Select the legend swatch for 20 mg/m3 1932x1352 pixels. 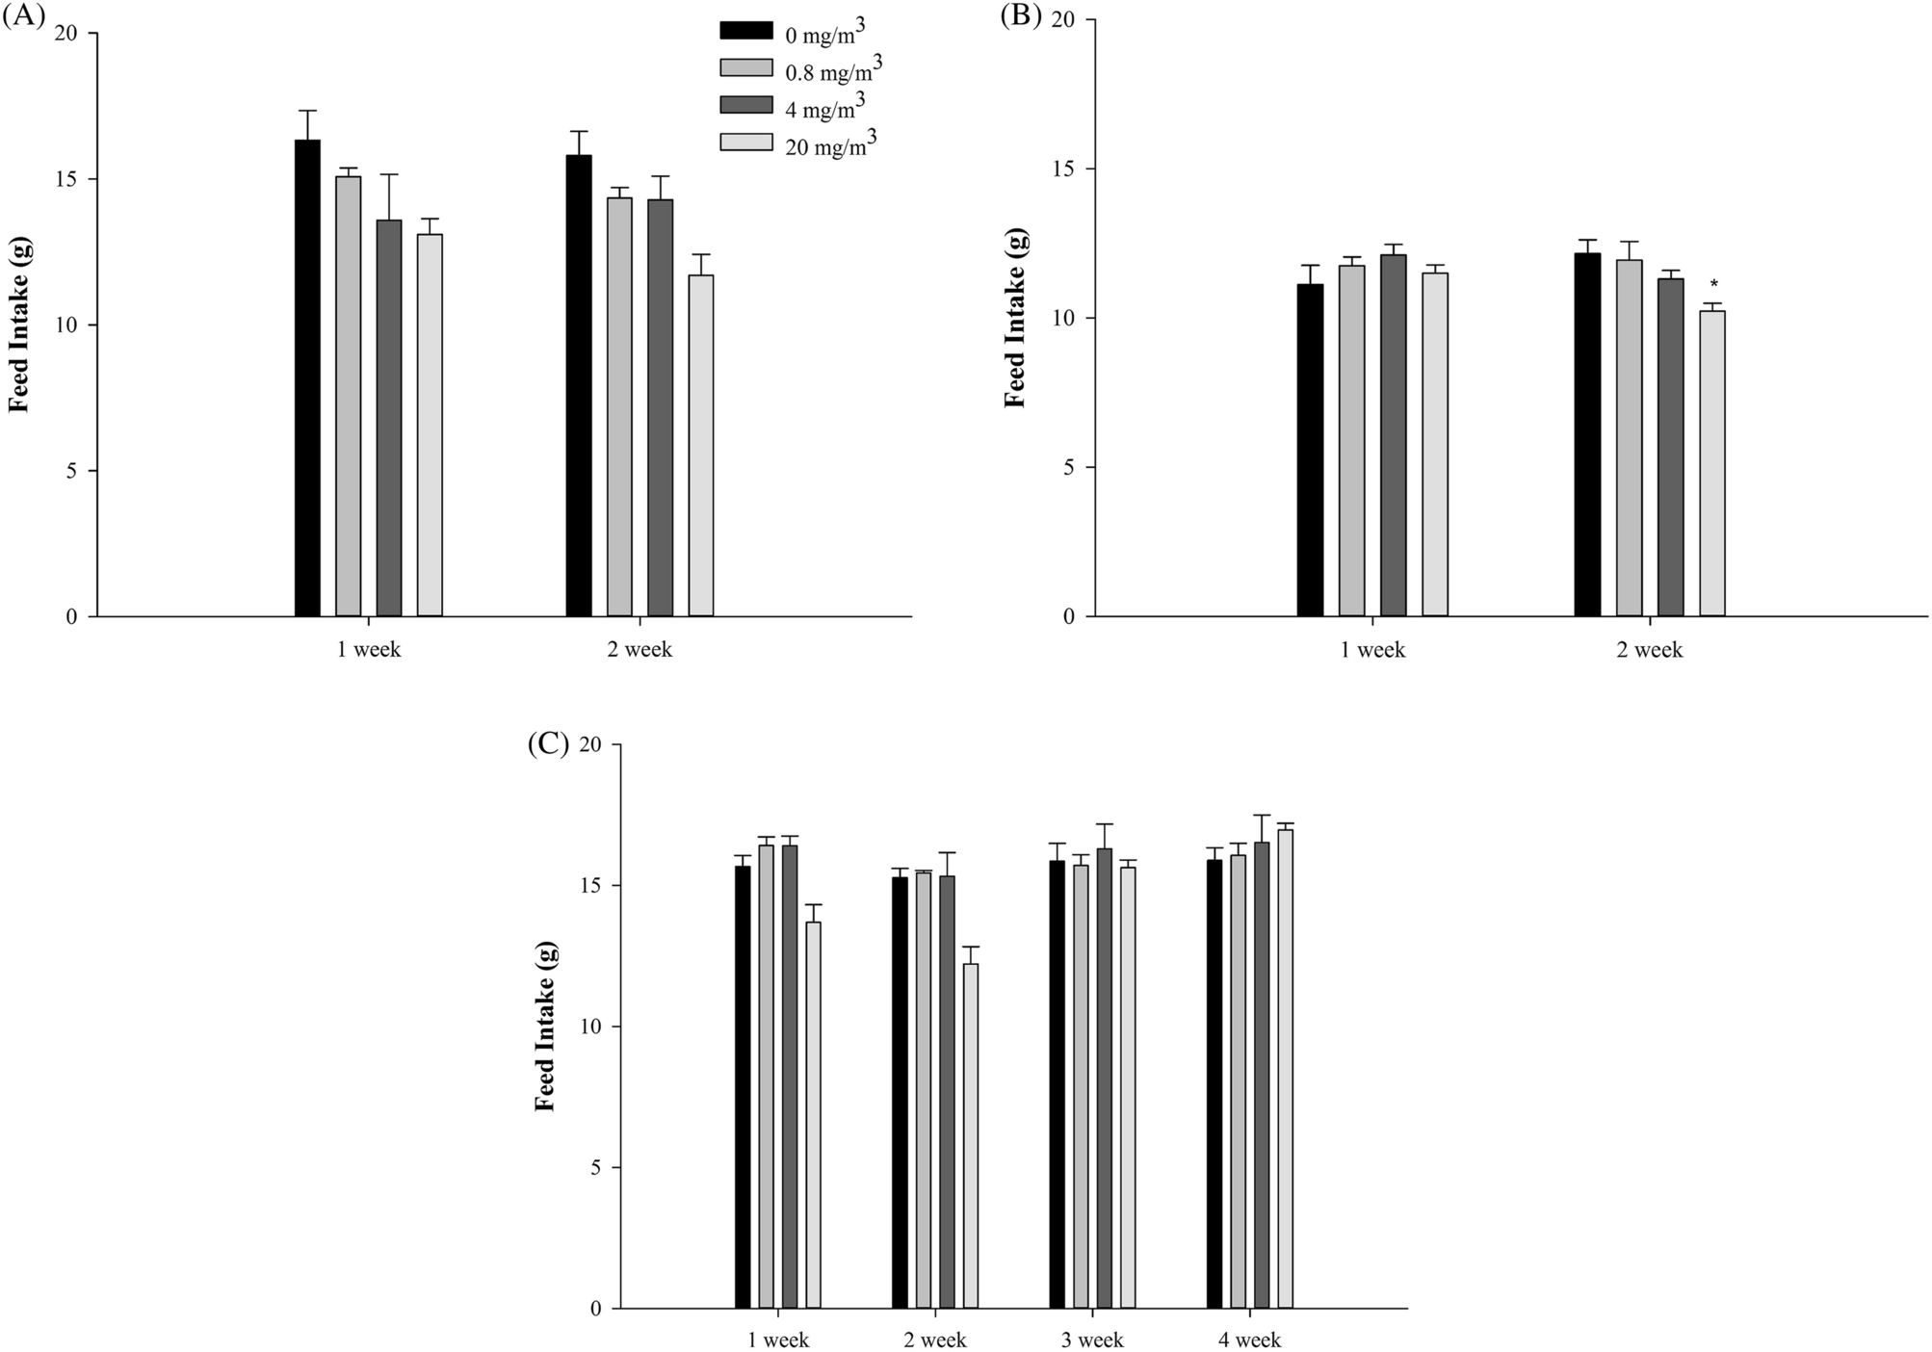[x=745, y=142]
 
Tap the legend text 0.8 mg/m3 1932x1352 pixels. [x=834, y=68]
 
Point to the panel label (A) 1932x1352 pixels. [x=24, y=16]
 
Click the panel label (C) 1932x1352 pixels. [x=548, y=743]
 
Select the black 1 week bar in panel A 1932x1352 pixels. [x=307, y=377]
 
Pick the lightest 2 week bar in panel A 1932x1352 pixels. [x=701, y=445]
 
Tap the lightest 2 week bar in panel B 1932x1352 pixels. [x=1711, y=463]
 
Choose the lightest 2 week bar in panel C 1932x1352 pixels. [x=970, y=1135]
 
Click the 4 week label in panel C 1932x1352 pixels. [x=1249, y=1339]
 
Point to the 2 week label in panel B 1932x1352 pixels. [x=1649, y=650]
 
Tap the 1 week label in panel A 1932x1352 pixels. [x=368, y=649]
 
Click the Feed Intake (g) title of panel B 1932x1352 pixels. [x=1015, y=317]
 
